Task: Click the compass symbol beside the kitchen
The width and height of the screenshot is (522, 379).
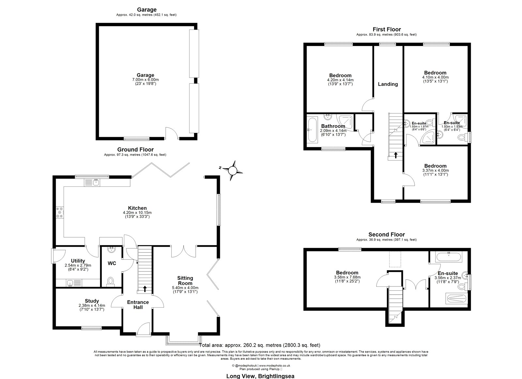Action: pyautogui.click(x=232, y=171)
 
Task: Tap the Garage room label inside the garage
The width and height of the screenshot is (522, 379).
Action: pyautogui.click(x=146, y=75)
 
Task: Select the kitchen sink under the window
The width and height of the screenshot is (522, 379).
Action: pyautogui.click(x=92, y=182)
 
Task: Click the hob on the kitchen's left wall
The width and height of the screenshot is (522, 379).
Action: pyautogui.click(x=60, y=212)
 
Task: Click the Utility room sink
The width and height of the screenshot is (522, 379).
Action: pyautogui.click(x=74, y=283)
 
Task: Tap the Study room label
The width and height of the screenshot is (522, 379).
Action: pyautogui.click(x=92, y=301)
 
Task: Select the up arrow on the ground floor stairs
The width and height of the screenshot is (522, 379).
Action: pyautogui.click(x=145, y=289)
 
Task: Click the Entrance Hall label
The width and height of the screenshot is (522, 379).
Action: pyautogui.click(x=138, y=305)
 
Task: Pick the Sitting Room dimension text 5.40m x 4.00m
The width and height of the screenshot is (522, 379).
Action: pyautogui.click(x=185, y=288)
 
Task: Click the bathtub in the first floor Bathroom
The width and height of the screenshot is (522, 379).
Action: pyautogui.click(x=312, y=130)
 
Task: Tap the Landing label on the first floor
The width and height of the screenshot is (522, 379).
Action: pyautogui.click(x=388, y=84)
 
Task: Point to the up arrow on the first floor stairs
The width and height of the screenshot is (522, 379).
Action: pyautogui.click(x=396, y=155)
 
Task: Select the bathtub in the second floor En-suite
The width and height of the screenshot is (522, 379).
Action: pyautogui.click(x=449, y=257)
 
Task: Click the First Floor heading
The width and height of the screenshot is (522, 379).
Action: pyautogui.click(x=387, y=29)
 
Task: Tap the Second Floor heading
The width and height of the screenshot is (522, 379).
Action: pyautogui.click(x=387, y=234)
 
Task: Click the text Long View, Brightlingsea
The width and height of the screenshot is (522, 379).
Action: pyautogui.click(x=260, y=376)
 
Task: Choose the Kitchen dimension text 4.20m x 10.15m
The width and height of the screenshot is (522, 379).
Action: pyautogui.click(x=137, y=212)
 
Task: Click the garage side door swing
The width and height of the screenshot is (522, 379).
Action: pyautogui.click(x=171, y=133)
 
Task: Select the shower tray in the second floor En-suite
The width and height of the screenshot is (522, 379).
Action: pyautogui.click(x=456, y=299)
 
